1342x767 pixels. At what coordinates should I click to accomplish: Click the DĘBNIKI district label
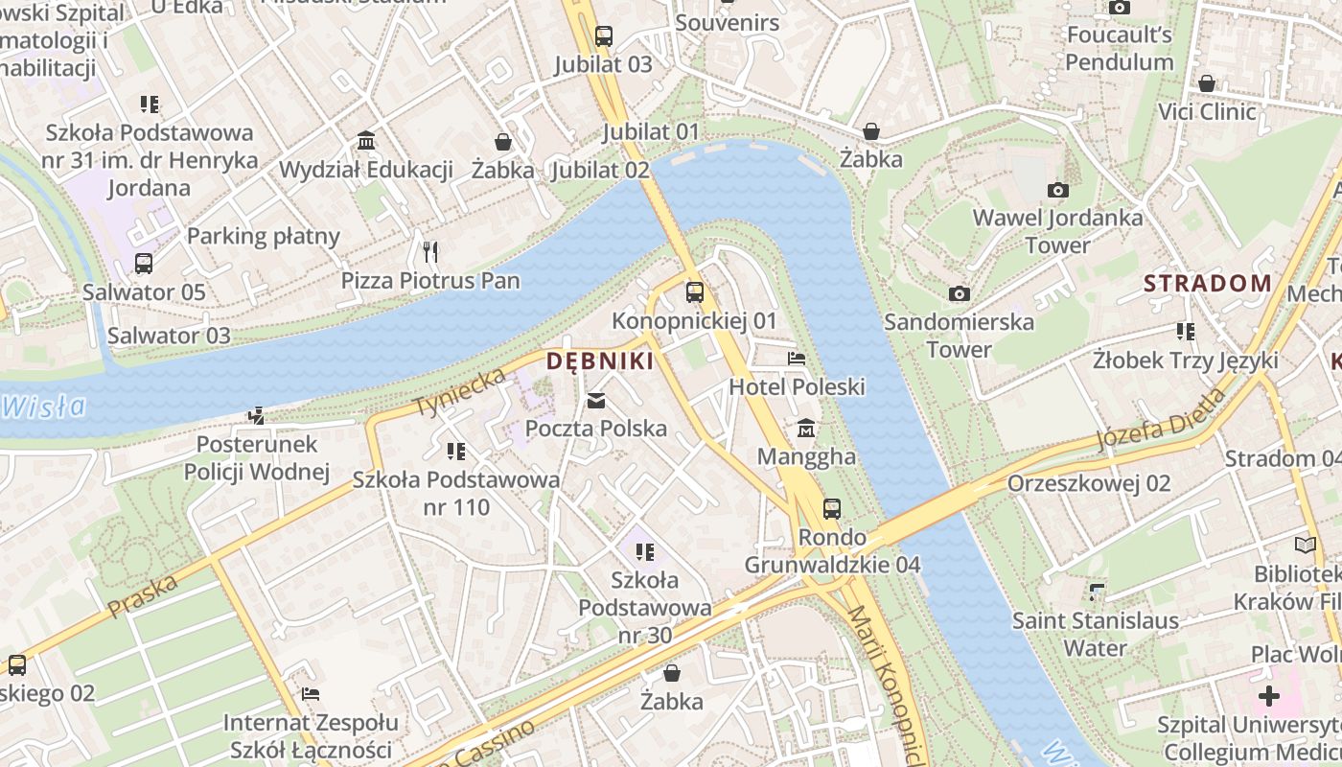point(600,361)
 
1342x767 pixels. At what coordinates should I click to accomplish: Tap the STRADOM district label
point(1208,284)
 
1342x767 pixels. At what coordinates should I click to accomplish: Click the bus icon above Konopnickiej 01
point(695,292)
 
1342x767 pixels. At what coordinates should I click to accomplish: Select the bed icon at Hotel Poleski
point(797,360)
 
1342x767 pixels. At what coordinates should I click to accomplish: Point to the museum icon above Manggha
point(806,428)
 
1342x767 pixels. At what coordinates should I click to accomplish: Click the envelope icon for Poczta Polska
point(596,401)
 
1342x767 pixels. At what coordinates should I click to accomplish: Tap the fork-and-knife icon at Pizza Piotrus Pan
point(430,252)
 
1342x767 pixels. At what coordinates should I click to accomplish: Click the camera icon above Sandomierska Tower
point(959,293)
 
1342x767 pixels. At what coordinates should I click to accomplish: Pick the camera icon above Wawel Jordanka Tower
point(1057,190)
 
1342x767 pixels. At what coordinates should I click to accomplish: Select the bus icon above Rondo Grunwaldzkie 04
point(832,509)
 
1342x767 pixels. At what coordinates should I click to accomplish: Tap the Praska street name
point(143,595)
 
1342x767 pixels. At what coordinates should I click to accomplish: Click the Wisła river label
point(44,407)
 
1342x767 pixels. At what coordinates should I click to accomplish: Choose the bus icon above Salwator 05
point(143,264)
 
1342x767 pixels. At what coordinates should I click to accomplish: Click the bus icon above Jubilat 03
point(603,36)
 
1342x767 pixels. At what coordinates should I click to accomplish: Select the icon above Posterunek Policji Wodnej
point(256,416)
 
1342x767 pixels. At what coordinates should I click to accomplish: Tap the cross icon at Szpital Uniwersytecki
point(1269,696)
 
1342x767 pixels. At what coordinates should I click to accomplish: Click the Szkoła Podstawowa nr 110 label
point(456,493)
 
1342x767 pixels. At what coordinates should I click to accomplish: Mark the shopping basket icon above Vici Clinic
point(1207,83)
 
